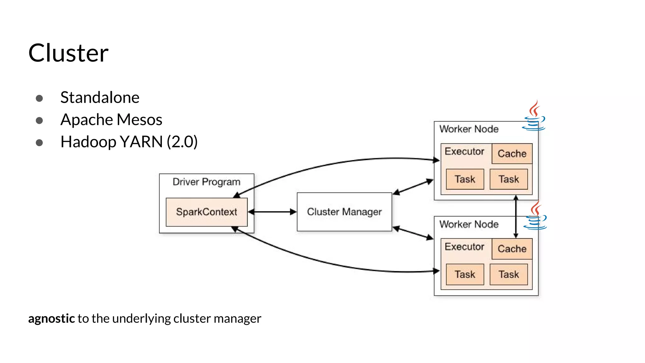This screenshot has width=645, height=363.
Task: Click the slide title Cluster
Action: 68,53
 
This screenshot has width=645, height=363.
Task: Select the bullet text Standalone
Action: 100,97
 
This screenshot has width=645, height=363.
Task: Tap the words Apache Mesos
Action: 111,120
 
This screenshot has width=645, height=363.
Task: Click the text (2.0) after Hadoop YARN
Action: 182,142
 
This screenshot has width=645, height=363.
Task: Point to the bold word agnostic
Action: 51,319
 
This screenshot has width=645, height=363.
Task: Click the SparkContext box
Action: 206,212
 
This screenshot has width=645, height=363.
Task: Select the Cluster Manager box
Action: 344,212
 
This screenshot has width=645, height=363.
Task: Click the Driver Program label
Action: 206,182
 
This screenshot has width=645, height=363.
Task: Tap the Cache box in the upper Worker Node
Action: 512,153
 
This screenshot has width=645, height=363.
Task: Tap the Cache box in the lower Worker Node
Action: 512,249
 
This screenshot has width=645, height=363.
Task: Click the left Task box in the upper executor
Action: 465,179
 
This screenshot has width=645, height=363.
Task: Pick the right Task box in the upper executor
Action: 509,179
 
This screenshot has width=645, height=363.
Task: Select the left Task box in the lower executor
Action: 465,274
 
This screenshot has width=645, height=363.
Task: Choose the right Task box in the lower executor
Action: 509,274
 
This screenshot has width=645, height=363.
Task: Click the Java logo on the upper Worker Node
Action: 534,117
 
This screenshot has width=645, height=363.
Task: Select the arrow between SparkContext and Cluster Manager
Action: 272,212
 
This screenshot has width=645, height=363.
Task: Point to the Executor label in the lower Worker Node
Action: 464,246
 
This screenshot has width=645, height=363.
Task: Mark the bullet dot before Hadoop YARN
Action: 39,143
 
